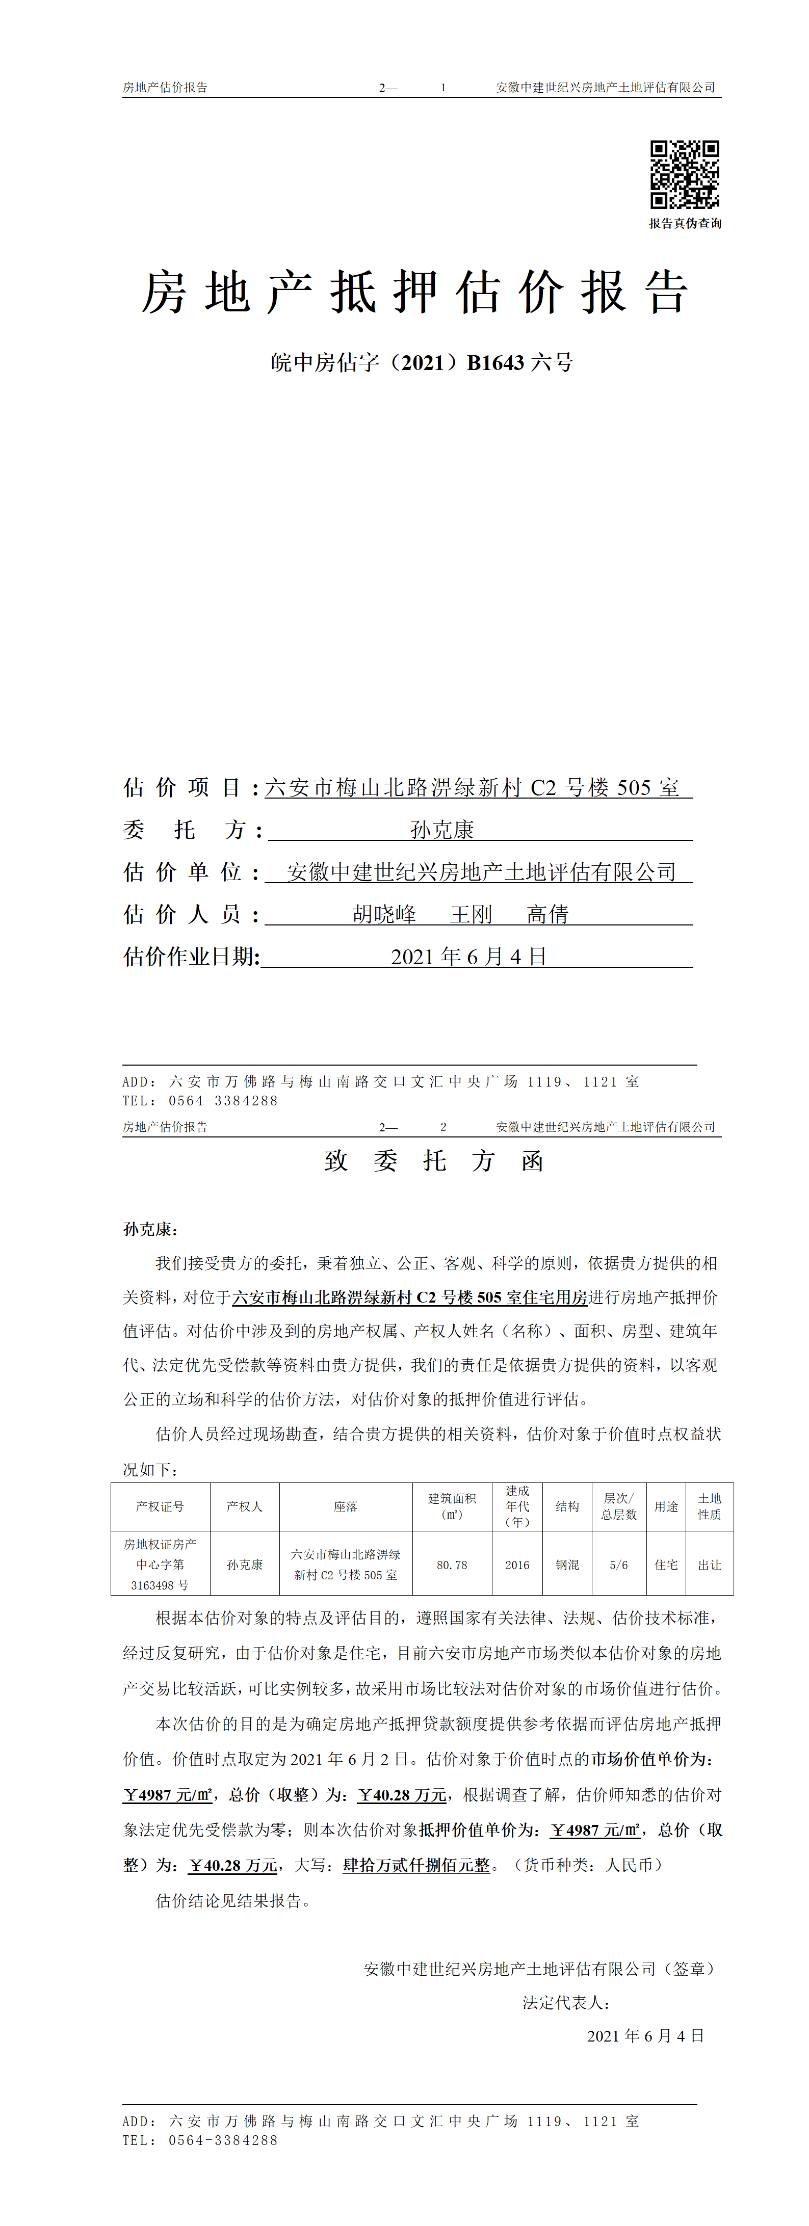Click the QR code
(685, 174)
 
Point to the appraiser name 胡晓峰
(384, 914)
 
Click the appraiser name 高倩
(548, 914)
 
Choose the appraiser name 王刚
(471, 914)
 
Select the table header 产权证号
(160, 1506)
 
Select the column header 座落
(346, 1506)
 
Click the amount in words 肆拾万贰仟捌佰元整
(416, 1866)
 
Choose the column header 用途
(666, 1506)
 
